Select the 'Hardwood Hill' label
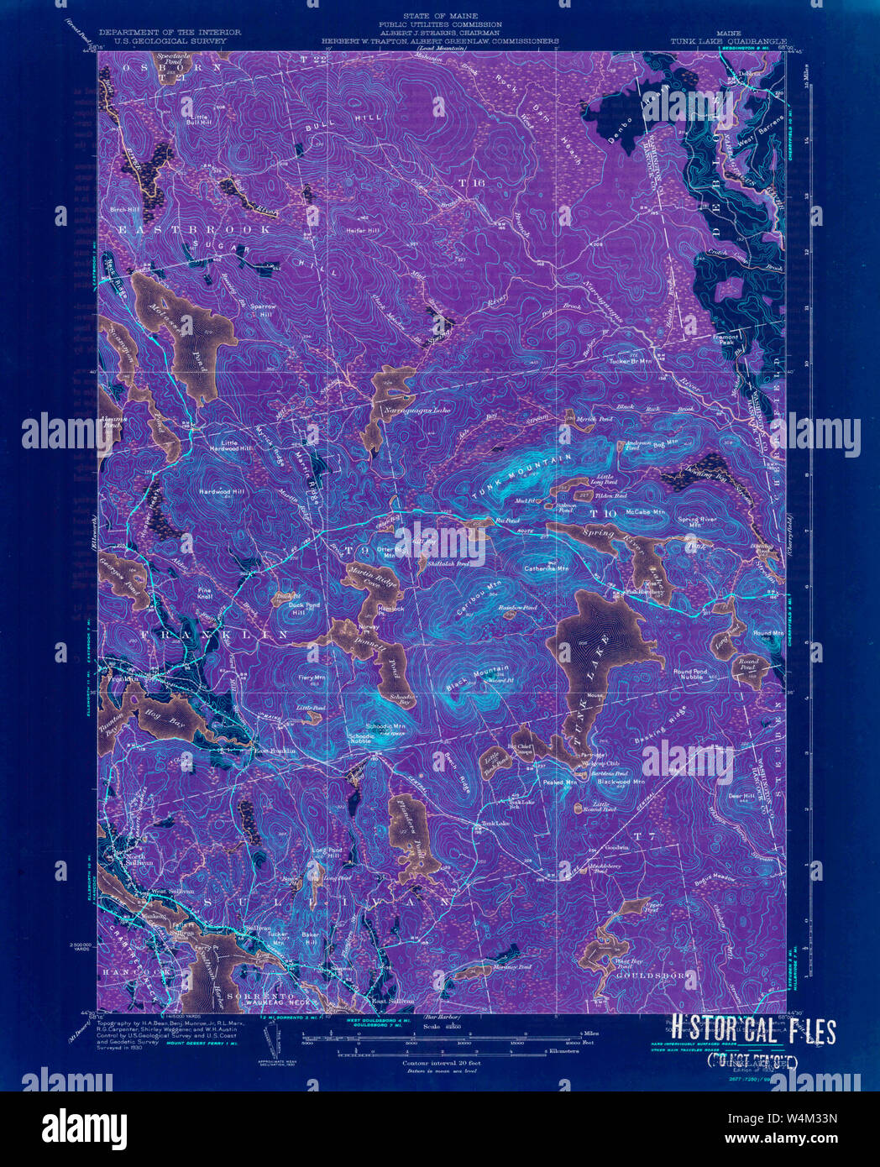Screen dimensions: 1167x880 pyautogui.click(x=222, y=490)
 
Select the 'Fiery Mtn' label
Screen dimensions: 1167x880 pyautogui.click(x=312, y=677)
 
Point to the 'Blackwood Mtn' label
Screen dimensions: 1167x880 pyautogui.click(x=621, y=782)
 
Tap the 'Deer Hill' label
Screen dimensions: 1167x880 pyautogui.click(x=741, y=795)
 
